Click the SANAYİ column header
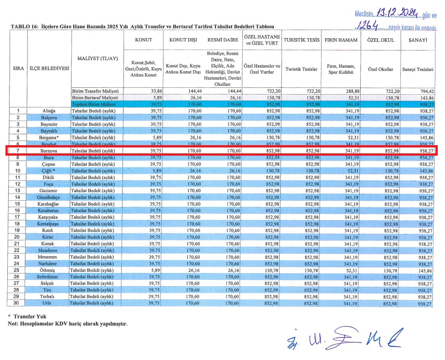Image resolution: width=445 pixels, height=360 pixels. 418,40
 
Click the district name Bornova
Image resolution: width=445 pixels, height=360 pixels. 48,151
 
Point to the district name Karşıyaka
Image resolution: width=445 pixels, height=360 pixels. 48,218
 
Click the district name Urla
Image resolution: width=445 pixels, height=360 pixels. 48,303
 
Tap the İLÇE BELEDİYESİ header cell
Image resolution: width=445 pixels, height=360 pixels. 49,68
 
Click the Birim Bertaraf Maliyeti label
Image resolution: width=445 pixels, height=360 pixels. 95,97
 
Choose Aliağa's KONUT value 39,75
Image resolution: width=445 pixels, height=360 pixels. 156,111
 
